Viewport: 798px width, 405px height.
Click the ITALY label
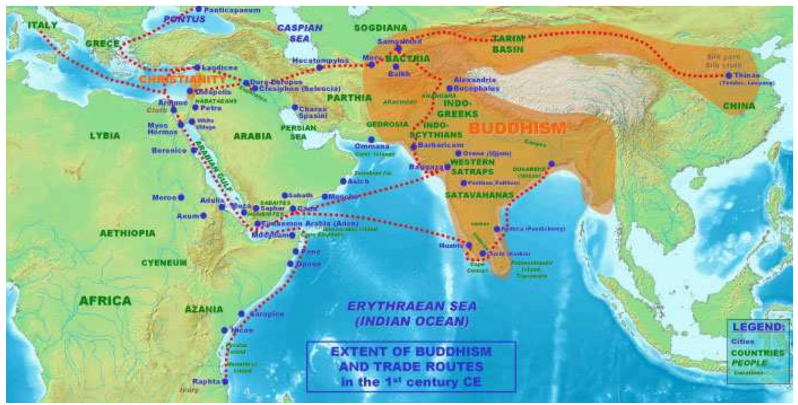coord(42,25)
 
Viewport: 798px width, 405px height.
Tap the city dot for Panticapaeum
coord(199,9)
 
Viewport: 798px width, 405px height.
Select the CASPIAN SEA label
coord(300,33)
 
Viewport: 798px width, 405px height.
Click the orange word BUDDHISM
coord(517,128)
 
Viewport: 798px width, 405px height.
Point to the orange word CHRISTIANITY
coord(183,79)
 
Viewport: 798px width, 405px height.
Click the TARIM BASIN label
coord(508,44)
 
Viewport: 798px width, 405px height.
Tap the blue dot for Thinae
coord(728,76)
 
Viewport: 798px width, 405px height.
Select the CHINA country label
coord(739,106)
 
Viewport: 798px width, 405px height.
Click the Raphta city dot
coord(225,381)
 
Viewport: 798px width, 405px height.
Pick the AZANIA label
coord(204,309)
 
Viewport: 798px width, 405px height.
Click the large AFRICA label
coord(105,300)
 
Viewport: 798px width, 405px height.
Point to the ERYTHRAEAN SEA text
coord(411,306)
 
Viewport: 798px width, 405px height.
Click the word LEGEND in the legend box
coord(758,327)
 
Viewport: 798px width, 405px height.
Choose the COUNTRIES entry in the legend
coord(757,353)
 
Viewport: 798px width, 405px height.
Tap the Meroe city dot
coord(181,198)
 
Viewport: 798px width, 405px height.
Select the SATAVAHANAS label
coord(479,195)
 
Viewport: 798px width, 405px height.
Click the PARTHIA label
coord(349,98)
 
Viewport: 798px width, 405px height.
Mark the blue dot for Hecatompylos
coord(319,67)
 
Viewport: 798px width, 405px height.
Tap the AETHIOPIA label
coord(127,233)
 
